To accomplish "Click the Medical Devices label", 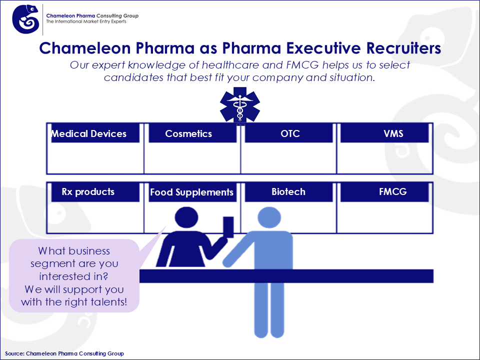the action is [x=89, y=134].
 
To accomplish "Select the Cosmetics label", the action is [x=188, y=134].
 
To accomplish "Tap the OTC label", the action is [x=290, y=134].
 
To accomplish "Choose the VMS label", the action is [x=393, y=134].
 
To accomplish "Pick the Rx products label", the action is [x=88, y=192].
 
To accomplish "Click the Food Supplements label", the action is [x=191, y=192].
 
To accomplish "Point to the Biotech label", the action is [x=288, y=192].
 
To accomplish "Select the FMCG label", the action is [x=393, y=192].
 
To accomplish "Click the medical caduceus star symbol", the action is [x=240, y=105].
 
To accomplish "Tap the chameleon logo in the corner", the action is [x=25, y=19].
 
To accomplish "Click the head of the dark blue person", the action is [x=186, y=217].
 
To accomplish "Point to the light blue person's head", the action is [x=269, y=217].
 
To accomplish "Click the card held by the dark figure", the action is [x=228, y=227].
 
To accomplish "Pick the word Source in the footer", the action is [x=14, y=353].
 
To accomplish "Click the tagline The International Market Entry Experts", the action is [x=86, y=21].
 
